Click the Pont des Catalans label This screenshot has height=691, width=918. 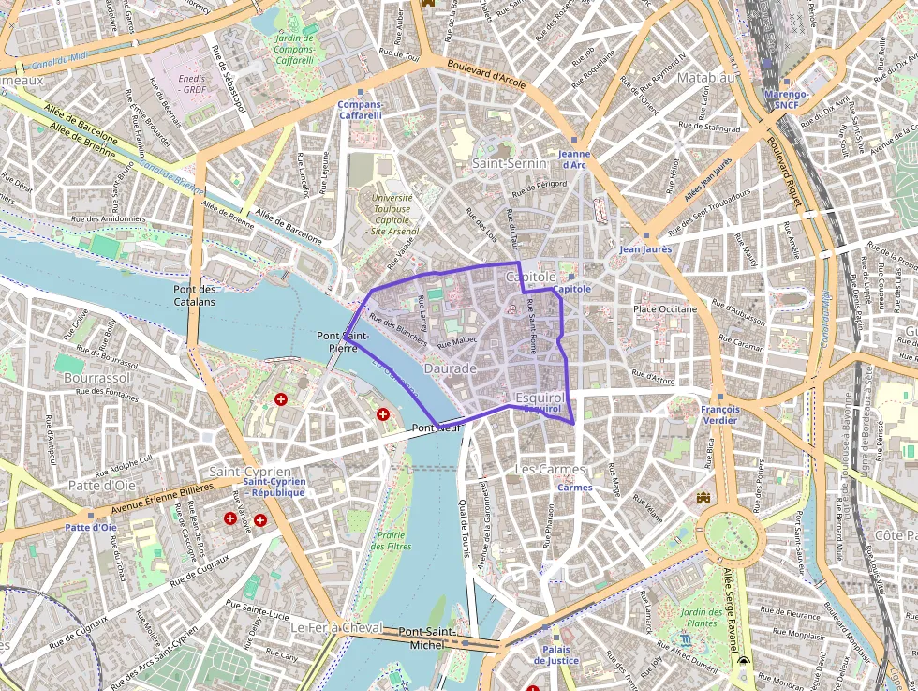(x=195, y=295)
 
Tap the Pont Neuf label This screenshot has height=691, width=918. (x=432, y=428)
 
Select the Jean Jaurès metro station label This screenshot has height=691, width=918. (x=645, y=249)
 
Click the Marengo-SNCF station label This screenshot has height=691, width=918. (x=787, y=100)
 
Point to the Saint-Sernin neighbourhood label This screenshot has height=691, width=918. (x=509, y=163)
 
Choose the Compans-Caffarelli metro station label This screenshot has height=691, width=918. (x=360, y=110)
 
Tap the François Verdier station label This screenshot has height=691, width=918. (x=719, y=414)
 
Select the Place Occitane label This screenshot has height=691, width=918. (x=665, y=308)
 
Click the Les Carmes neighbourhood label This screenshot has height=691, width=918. (x=550, y=468)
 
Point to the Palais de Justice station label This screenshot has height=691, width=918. (x=556, y=654)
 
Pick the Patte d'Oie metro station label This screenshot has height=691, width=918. (x=91, y=527)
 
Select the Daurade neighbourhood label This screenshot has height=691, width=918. (x=451, y=368)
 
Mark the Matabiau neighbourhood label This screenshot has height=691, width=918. (x=703, y=78)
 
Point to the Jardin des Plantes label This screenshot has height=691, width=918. (x=701, y=618)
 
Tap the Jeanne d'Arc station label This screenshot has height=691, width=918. (x=573, y=159)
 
